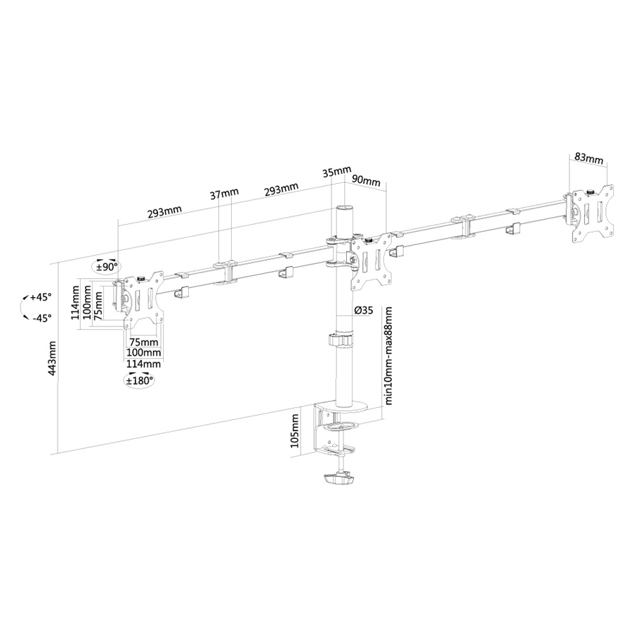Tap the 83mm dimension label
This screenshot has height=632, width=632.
click(588, 158)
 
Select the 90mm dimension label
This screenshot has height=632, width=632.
click(365, 181)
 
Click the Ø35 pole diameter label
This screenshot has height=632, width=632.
click(363, 310)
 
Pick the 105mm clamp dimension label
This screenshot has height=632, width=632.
click(297, 430)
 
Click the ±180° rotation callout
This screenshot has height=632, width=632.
click(139, 381)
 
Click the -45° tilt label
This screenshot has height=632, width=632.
click(41, 318)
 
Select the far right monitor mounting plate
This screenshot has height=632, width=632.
click(592, 214)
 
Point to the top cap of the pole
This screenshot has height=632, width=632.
click(343, 209)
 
